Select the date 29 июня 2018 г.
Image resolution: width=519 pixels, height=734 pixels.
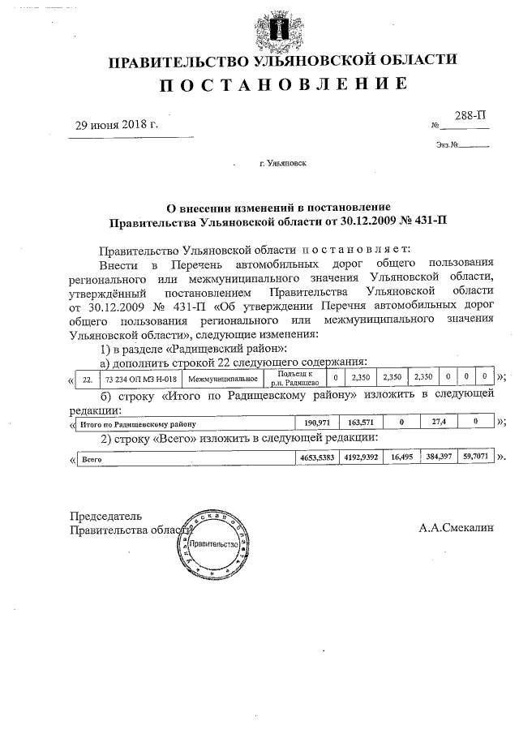point(117,125)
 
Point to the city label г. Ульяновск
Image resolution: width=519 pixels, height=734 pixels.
point(282,163)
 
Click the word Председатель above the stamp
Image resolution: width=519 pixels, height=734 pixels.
point(106,515)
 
